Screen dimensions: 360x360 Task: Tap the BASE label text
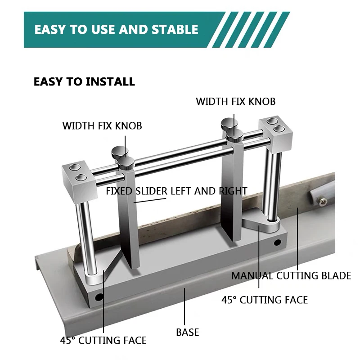tap(188, 333)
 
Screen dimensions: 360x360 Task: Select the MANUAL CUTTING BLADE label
tap(291, 275)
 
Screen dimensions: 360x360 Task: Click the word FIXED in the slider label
tap(119, 191)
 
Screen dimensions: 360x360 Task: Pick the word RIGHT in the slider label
tap(233, 191)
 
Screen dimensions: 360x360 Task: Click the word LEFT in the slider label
tap(181, 191)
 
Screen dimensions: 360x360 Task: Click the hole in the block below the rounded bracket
tap(278, 243)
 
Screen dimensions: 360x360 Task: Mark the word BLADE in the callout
tap(335, 275)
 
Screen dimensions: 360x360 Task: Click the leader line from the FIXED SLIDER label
tap(139, 201)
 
